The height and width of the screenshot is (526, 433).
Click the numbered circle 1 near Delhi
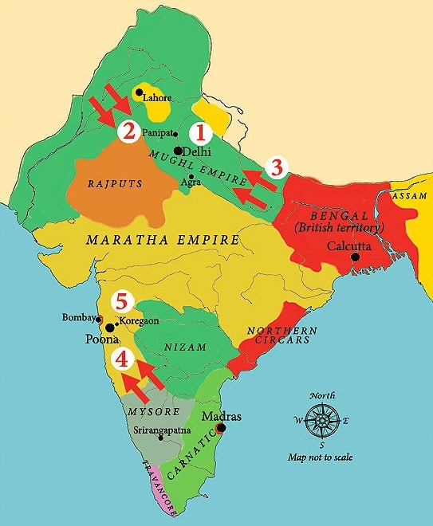point(202,131)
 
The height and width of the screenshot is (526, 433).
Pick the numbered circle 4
point(121,359)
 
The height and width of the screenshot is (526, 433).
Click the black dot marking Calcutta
point(355,257)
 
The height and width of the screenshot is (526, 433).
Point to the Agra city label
point(190,183)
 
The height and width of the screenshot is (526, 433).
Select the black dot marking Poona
point(109,328)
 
